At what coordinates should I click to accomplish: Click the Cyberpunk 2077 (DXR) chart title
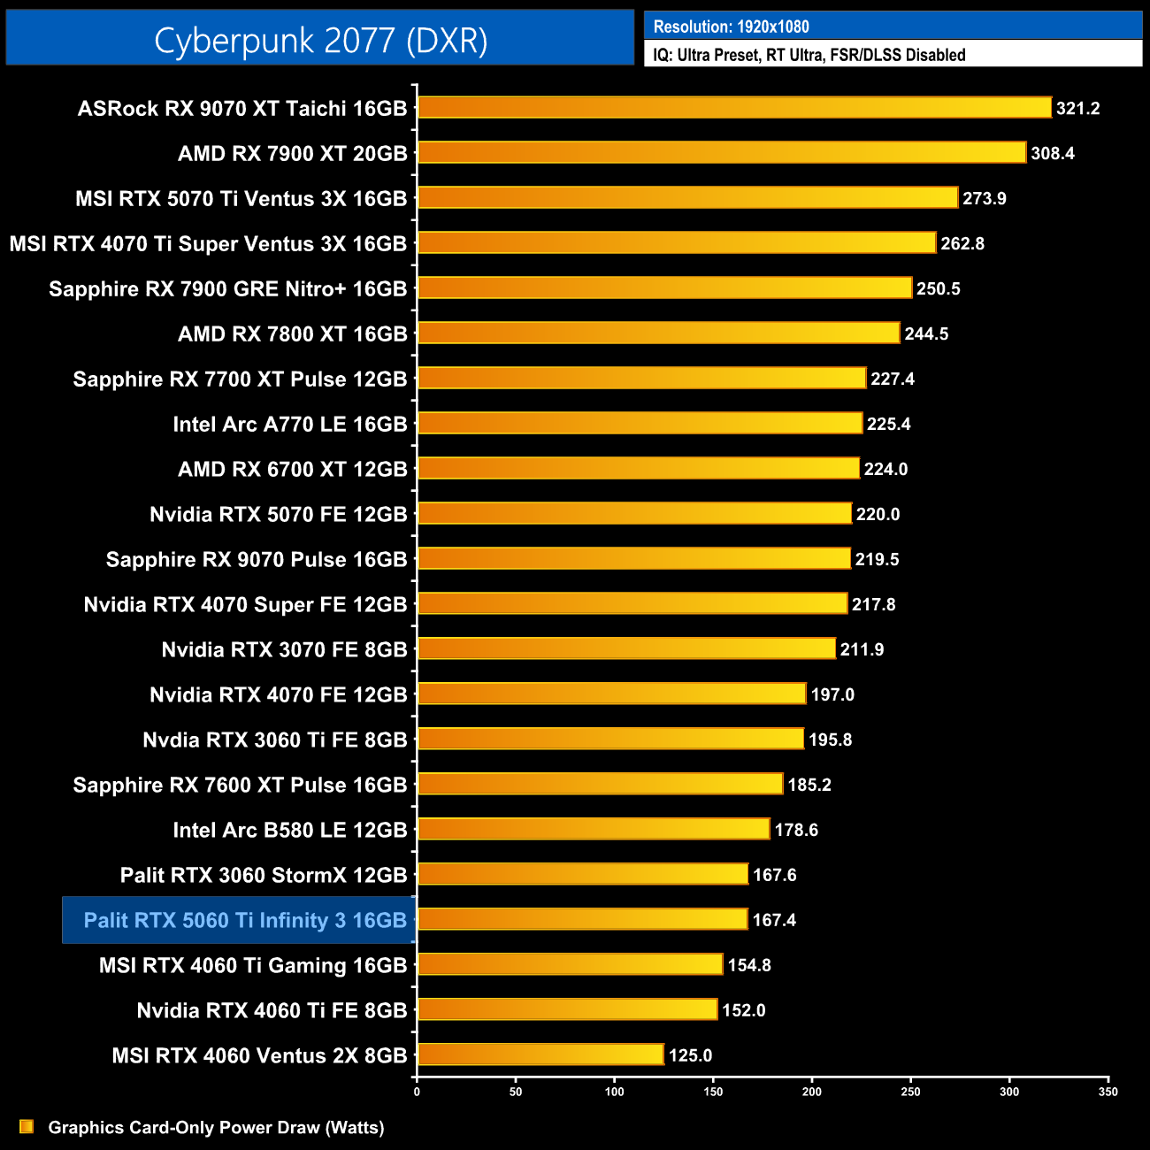coord(320,41)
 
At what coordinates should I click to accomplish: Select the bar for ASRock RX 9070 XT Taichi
coord(734,108)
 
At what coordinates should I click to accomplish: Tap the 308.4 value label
coord(1053,153)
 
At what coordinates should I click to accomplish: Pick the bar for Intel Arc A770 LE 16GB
coord(640,424)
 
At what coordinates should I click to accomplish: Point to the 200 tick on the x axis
coord(812,1092)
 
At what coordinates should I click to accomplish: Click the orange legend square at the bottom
coord(27,1126)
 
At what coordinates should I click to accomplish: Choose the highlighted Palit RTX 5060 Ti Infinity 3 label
coord(244,920)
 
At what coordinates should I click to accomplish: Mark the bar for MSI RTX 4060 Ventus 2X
coord(540,1054)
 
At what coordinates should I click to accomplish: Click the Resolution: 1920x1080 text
coord(731,27)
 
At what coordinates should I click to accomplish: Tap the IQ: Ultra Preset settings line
coord(809,55)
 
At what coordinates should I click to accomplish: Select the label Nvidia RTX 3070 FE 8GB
coord(284,649)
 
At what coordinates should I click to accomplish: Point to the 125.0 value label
coord(690,1055)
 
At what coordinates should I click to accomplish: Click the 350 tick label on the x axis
coord(1108,1092)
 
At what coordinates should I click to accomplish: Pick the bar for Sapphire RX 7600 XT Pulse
coord(600,784)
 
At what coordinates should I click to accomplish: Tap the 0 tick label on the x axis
coord(417,1092)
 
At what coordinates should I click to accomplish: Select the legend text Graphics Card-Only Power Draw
coord(216,1127)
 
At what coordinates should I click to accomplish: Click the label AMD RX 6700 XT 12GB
coord(292,469)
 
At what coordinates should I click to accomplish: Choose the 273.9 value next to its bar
coord(985,198)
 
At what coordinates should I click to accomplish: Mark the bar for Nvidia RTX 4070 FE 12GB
coord(611,694)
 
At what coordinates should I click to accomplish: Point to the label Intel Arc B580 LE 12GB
coord(289,830)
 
